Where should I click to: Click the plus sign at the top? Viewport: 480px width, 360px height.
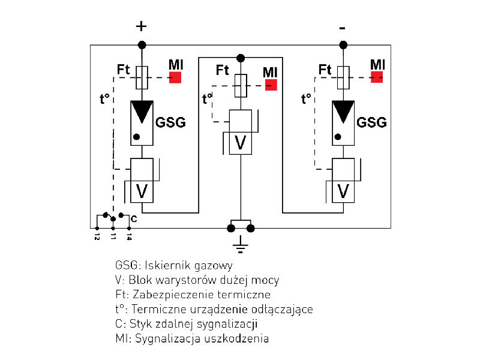tap(142, 26)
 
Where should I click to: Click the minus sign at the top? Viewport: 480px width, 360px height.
tap(343, 28)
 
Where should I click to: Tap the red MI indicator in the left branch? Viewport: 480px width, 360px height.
tap(175, 77)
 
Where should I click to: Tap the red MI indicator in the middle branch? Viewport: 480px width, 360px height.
tap(271, 85)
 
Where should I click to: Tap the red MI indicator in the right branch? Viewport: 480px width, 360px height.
tap(377, 77)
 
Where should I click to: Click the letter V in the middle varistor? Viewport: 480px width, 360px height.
tap(241, 143)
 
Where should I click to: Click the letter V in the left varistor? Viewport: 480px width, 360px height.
tap(142, 191)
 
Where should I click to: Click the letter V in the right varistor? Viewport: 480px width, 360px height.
tap(343, 191)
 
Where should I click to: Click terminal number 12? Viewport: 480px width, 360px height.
tap(97, 236)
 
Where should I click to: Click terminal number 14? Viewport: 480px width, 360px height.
tap(130, 236)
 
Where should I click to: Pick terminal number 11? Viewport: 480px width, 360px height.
tap(113, 236)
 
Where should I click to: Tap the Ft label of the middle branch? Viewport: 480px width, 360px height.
tap(223, 70)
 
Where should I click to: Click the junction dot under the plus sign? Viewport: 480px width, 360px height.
tap(142, 45)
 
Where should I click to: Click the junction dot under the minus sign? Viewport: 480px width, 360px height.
tap(343, 45)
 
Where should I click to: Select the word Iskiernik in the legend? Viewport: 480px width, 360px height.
tap(157, 265)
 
